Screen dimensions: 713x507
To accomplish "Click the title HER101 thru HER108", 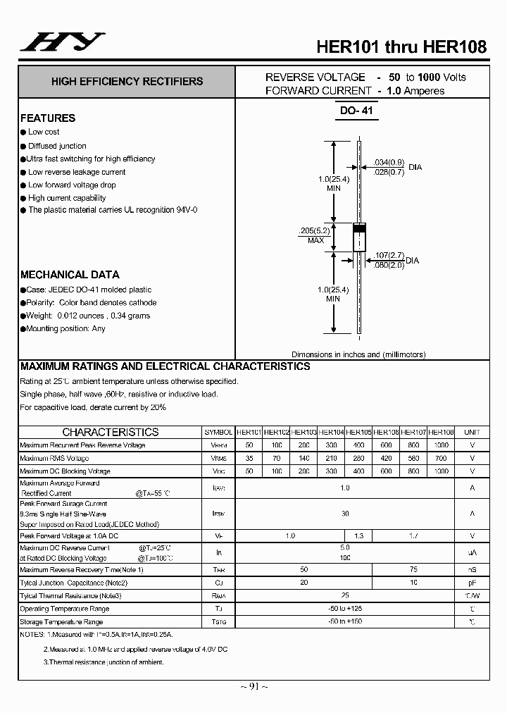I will (x=401, y=47).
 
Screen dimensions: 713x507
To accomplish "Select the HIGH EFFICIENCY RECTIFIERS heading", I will (x=127, y=82).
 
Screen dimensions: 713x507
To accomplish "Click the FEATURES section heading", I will (x=48, y=118).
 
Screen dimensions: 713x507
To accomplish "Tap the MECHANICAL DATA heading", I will (x=70, y=275).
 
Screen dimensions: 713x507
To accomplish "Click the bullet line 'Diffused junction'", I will (x=57, y=146).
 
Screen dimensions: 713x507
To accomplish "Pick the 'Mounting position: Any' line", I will (x=66, y=328).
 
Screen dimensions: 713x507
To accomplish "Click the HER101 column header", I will (x=249, y=432).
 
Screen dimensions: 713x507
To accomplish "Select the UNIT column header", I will (x=472, y=432).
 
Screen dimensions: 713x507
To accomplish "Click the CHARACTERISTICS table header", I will (x=111, y=432).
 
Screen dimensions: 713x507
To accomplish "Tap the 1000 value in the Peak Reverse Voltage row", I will (x=442, y=445).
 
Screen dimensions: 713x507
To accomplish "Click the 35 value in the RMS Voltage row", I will (x=249, y=459).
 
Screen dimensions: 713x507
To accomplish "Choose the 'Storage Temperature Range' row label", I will (x=61, y=621).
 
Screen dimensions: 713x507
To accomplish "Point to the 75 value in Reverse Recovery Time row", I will (x=414, y=569).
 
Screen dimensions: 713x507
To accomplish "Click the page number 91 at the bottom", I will (x=254, y=687).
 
